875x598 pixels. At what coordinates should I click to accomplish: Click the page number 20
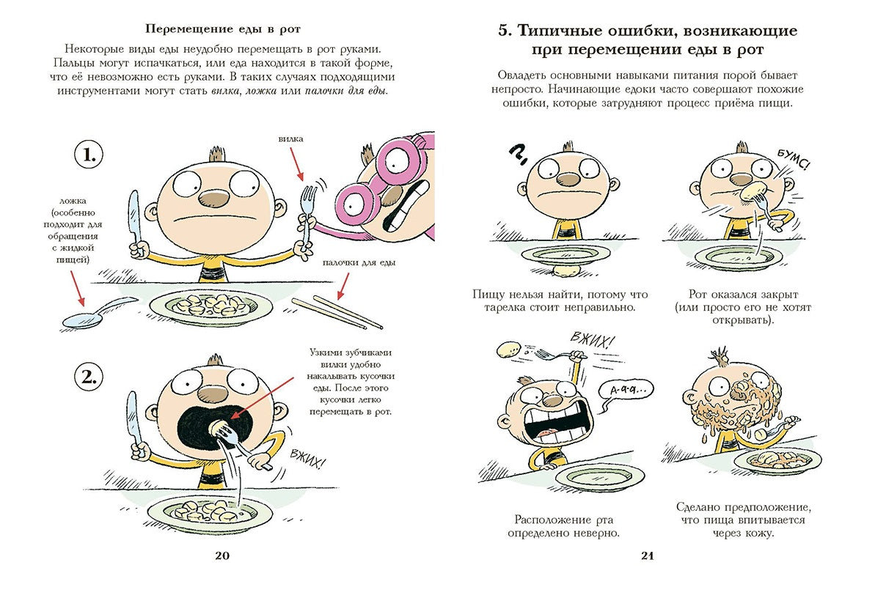[x=222, y=555]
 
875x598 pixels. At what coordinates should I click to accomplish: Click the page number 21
[x=647, y=555]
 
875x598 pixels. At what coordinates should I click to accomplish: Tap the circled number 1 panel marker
[x=89, y=155]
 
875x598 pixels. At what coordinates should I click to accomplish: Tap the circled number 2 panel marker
[x=89, y=378]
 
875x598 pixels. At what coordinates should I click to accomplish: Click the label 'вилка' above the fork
[x=290, y=139]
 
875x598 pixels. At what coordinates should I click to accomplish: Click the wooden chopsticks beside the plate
[x=337, y=311]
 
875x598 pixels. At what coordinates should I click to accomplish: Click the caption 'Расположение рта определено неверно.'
[x=563, y=525]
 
